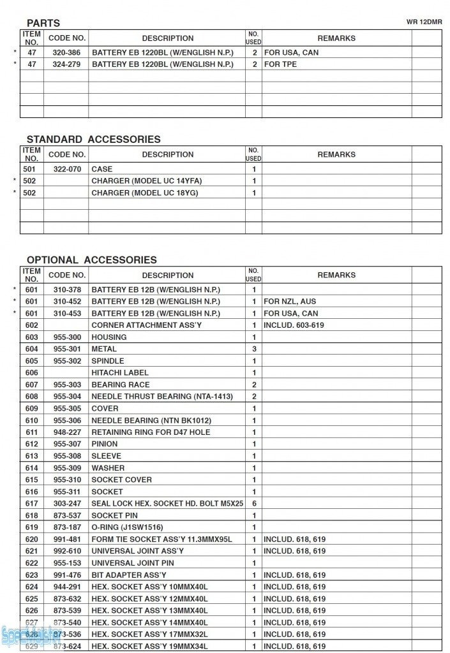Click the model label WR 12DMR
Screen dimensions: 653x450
pos(424,22)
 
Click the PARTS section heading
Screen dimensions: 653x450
pos(43,23)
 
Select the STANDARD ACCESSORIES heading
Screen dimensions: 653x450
pos(93,139)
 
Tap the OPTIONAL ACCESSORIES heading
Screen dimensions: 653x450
pos(91,260)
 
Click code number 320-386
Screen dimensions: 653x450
pos(66,52)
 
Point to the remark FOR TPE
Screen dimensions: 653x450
pos(280,64)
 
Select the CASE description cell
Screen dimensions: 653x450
pos(102,169)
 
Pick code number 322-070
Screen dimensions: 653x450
pos(66,169)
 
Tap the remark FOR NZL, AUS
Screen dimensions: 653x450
pos(290,301)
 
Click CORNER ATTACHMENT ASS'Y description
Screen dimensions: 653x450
pos(146,325)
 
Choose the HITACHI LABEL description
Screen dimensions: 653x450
pos(120,372)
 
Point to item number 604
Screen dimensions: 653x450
pos(31,349)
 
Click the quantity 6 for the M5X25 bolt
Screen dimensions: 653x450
pos(253,503)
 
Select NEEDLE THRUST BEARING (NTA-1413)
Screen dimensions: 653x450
pos(162,397)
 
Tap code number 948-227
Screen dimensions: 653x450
pos(66,432)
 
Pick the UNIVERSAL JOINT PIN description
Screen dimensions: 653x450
pos(133,563)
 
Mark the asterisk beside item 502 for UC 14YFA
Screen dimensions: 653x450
pos(15,181)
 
